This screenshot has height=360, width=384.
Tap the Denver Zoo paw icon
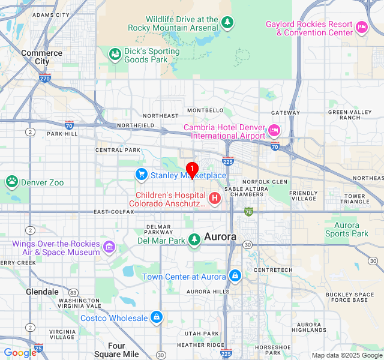(11, 181)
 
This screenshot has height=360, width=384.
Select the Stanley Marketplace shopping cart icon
(142, 175)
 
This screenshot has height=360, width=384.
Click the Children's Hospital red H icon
(214, 197)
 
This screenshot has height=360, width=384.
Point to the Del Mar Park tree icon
(194, 240)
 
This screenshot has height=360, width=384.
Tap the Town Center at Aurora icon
(235, 276)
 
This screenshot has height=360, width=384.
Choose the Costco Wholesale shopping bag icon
(156, 317)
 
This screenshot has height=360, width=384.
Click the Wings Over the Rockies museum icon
(109, 247)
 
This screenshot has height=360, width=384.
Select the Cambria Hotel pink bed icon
(274, 130)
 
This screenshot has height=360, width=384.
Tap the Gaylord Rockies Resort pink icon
(361, 27)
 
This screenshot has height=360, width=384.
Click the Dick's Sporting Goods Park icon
(114, 55)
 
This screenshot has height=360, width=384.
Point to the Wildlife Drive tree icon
(227, 23)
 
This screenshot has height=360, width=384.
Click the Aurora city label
(220, 237)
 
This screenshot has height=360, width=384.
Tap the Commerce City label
(41, 57)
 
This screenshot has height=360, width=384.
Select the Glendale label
(42, 292)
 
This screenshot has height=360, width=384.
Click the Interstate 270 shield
(45, 78)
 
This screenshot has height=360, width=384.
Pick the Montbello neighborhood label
(205, 110)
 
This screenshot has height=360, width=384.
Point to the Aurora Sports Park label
(343, 230)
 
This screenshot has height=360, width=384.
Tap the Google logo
(20, 353)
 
